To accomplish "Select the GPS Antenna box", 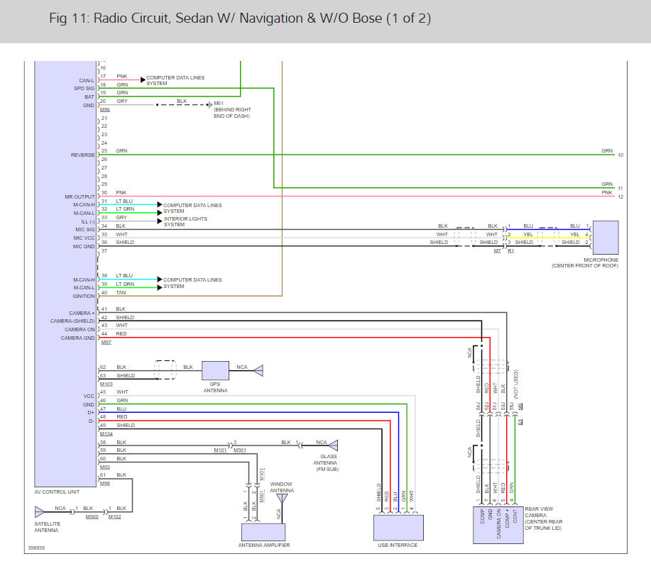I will tap(215, 370).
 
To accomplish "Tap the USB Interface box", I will tap(398, 528).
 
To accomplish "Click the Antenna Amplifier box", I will tap(263, 532).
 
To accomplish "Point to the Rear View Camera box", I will tap(498, 525).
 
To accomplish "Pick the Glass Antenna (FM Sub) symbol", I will tap(333, 445).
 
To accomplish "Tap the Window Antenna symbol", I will tap(282, 499).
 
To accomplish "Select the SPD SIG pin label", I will tap(84, 88).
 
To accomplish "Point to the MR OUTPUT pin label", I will tap(80, 196).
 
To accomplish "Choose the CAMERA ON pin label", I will tap(80, 329).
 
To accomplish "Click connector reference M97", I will tap(106, 342).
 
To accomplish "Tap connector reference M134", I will tap(106, 433).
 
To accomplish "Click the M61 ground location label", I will tap(219, 104).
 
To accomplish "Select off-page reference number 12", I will tap(620, 196).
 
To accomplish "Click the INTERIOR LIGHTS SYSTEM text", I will tap(185, 221).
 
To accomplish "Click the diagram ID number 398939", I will tap(37, 548).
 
